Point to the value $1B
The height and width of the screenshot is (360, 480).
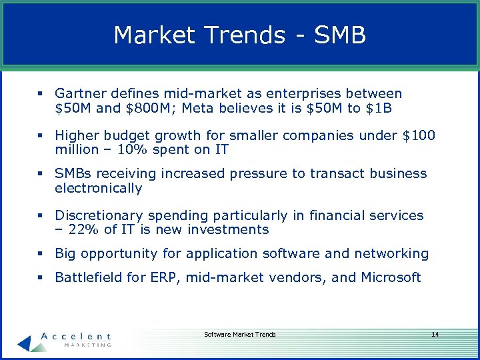coord(380,108)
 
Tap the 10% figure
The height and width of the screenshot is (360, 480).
coord(130,150)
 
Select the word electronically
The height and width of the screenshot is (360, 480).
coord(99,188)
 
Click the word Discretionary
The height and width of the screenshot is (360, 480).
coord(99,215)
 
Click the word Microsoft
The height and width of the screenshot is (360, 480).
coord(392,277)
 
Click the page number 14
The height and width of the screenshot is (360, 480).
coord(435,334)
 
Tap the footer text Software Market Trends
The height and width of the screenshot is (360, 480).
coord(240,334)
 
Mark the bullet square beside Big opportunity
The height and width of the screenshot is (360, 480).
coord(41,253)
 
